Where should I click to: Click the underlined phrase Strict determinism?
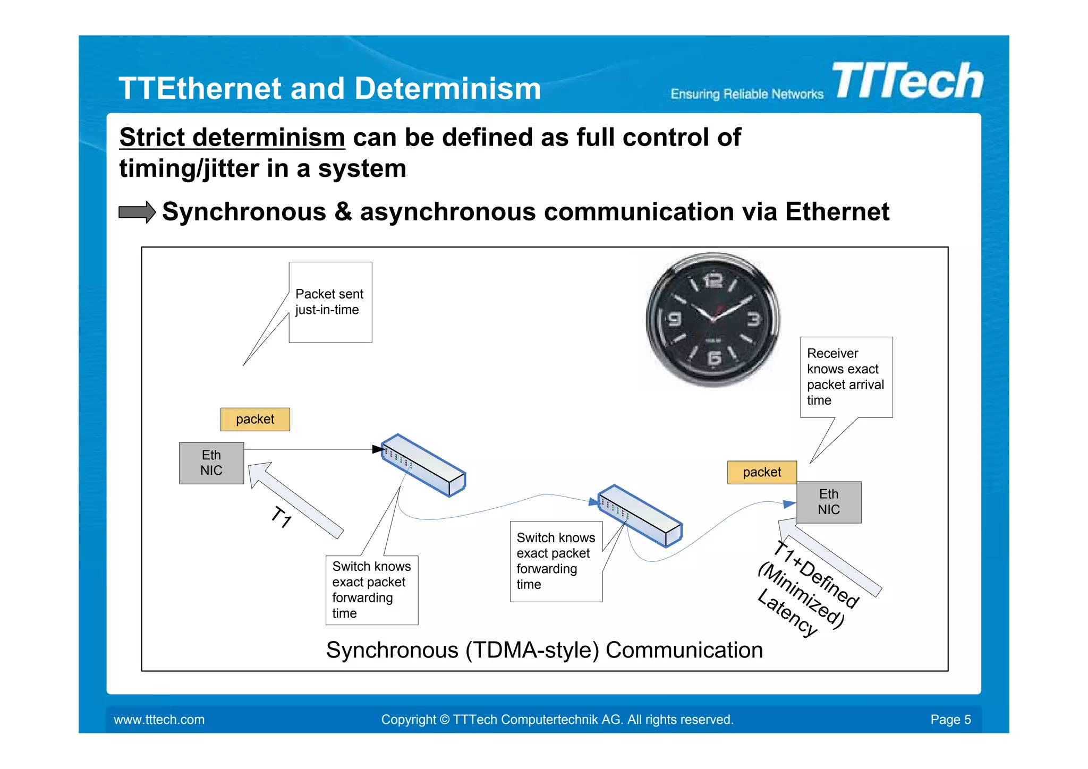coord(232,138)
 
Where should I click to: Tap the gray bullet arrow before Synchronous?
coord(137,212)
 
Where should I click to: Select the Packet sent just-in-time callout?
coord(330,302)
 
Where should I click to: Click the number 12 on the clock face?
coord(713,280)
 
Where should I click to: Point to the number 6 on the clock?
coord(715,358)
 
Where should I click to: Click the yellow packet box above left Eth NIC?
coord(255,419)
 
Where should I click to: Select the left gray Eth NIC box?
coord(211,463)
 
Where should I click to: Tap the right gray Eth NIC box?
coord(829,502)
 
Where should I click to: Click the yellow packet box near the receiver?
coord(762,472)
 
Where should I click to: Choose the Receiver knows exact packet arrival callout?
coord(846,377)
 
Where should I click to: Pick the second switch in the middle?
coord(640,516)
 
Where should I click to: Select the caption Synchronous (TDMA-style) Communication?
coord(544,650)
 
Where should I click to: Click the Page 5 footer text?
coord(950,720)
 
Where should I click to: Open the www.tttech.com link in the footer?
coord(159,720)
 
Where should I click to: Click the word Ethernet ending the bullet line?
coord(837,212)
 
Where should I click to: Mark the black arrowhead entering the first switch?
coord(378,449)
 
